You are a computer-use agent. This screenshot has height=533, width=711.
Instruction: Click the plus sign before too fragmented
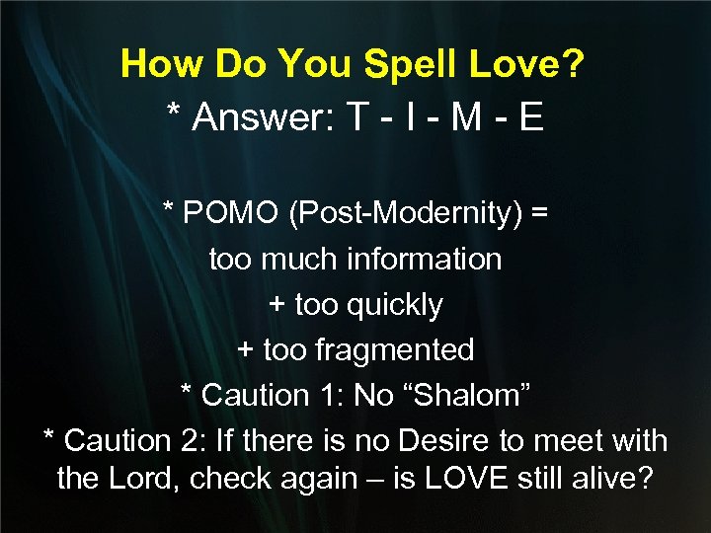[x=246, y=350]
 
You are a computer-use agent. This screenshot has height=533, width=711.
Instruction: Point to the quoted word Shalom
[x=463, y=396]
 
